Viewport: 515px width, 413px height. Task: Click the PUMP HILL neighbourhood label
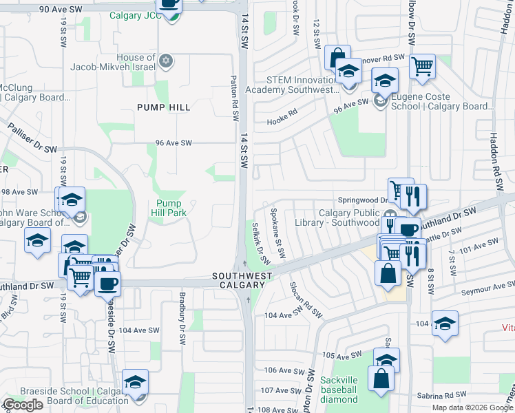click(163, 107)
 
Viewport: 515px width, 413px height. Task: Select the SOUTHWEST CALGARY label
click(238, 280)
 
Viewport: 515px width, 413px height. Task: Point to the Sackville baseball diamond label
click(339, 390)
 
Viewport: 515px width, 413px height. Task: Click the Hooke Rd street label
click(282, 121)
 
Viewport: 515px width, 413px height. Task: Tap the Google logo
click(23, 405)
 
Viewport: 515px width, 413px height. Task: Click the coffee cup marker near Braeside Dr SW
click(107, 283)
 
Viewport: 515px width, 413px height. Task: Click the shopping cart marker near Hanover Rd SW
click(422, 67)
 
